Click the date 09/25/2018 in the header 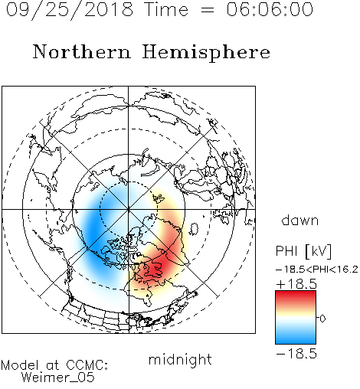[70, 10]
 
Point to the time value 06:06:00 [270, 9]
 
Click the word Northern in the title [82, 51]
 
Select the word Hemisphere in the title [206, 53]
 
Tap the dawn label [300, 221]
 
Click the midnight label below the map [180, 360]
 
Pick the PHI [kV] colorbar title [303, 251]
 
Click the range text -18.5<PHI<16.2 [317, 269]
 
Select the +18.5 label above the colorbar [296, 284]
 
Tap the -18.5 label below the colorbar [296, 354]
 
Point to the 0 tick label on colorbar [322, 319]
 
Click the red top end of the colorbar [296, 293]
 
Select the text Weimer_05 [58, 378]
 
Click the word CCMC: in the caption [87, 365]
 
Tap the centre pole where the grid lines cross [128, 209]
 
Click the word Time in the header [166, 9]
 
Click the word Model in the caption [20, 365]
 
